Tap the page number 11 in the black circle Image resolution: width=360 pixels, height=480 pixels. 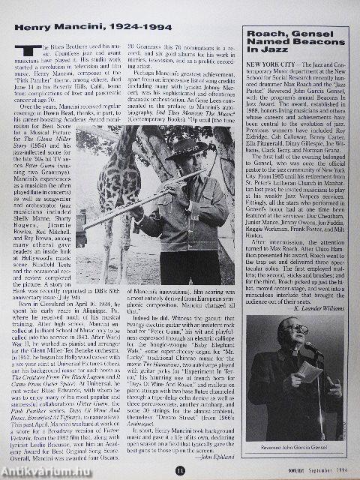[x=180, y=469]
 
